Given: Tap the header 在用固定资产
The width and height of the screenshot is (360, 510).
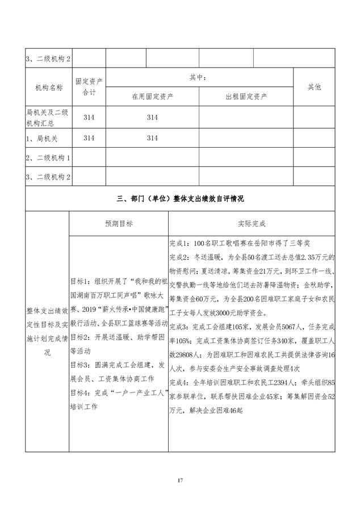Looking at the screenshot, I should point(152,96).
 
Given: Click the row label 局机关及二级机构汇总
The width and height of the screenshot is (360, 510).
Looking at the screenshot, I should point(48,117).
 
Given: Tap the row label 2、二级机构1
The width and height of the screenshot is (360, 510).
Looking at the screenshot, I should point(49,157).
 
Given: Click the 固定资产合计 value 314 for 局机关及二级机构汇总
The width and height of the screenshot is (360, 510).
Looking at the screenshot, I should point(89,117).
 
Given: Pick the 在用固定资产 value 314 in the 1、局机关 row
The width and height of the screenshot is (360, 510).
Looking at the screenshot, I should point(152,137).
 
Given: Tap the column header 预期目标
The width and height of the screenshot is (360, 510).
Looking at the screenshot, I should point(118,224).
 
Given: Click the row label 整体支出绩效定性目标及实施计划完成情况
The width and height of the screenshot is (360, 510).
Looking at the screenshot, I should point(47,331).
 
